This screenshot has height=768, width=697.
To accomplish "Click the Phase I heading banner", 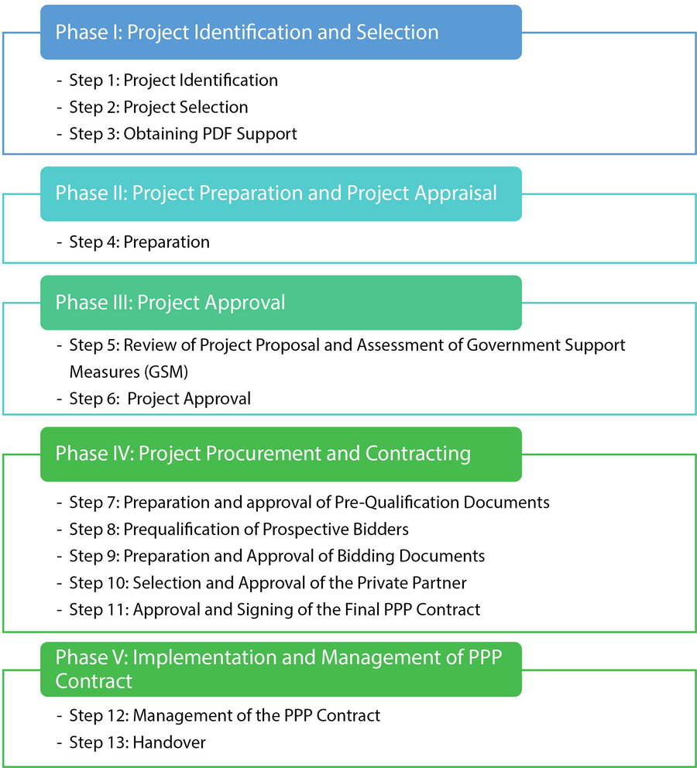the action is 280,33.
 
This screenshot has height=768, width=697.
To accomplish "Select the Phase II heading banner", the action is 280,194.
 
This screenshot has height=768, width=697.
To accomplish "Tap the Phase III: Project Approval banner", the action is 280,303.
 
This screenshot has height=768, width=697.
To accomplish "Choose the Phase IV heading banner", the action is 280,454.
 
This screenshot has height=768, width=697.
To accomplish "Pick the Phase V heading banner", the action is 280,669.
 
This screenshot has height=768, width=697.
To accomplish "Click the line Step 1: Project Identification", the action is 173,80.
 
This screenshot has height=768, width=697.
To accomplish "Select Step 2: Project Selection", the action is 158,107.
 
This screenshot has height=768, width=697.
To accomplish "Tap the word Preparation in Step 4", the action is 167,242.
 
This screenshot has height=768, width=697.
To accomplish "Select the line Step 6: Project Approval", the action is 160,399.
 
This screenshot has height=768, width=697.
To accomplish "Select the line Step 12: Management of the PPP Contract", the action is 225,715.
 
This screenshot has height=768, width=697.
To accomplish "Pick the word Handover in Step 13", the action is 169,742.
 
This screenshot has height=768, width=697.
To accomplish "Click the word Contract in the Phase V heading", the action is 94,681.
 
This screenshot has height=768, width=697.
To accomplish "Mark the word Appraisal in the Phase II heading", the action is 455,193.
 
